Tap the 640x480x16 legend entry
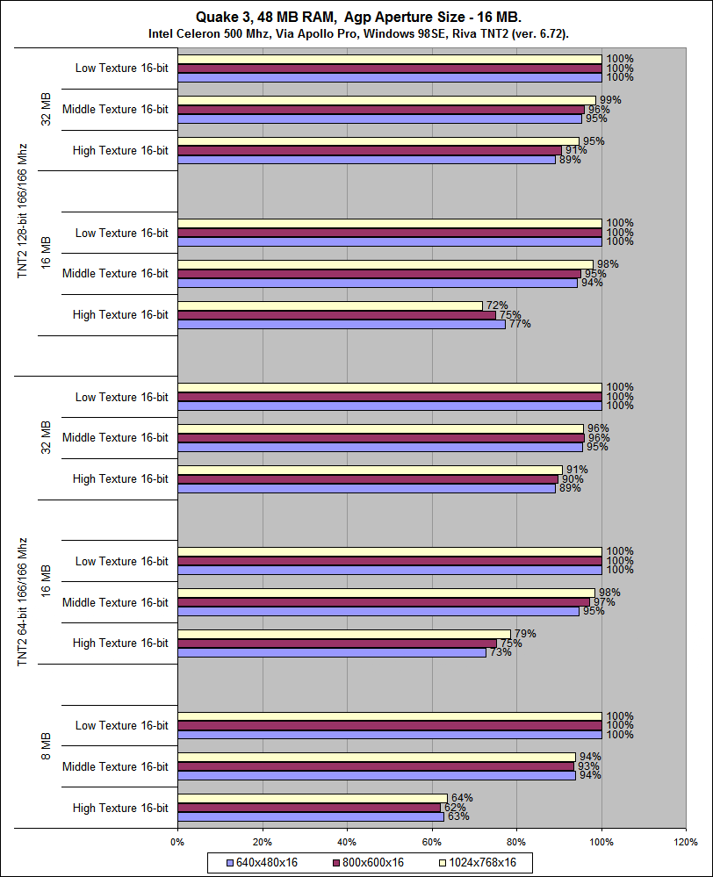pos(262,862)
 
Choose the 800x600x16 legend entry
pos(368,862)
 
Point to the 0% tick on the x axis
pos(177,841)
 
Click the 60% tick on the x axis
pos(432,841)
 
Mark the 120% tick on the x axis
pos(686,841)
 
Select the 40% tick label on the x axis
pos(347,841)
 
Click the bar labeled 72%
pos(330,306)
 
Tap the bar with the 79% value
pos(344,634)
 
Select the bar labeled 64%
pos(313,798)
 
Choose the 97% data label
pos(603,602)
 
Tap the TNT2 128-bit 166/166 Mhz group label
pos(24,211)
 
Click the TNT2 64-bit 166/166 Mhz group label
pos(24,602)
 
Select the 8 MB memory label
pos(46,745)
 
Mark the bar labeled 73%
pos(331,652)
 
